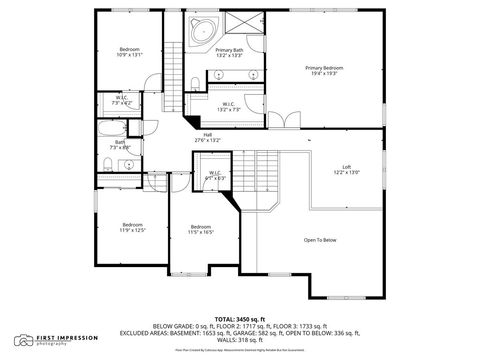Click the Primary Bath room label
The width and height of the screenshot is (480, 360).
point(229,53)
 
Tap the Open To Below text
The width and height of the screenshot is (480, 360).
point(320,240)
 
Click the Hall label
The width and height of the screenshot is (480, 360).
point(207,138)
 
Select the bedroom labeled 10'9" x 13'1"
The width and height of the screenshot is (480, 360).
point(130,52)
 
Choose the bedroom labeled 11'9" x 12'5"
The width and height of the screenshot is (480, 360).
point(134,227)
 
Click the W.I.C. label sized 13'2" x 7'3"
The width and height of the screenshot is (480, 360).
point(228,106)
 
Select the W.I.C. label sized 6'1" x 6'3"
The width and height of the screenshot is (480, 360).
point(215,176)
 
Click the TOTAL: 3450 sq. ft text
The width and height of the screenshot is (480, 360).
point(239,317)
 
